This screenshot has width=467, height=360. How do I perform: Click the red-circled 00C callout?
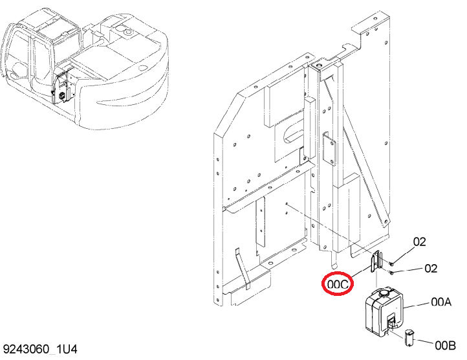(337, 284)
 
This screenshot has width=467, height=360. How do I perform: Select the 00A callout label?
(441, 302)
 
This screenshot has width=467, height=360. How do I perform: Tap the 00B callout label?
(445, 346)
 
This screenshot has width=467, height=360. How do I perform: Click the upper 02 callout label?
(420, 242)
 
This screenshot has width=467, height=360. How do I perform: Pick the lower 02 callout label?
(431, 269)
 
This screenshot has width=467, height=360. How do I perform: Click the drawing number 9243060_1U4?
(40, 349)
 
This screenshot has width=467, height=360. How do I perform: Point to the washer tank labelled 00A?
(384, 311)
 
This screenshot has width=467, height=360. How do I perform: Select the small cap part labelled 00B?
(409, 337)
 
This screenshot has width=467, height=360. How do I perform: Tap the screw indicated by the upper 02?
(391, 264)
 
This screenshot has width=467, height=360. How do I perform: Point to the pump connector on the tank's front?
(392, 321)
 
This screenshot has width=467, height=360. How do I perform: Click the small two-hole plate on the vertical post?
(329, 148)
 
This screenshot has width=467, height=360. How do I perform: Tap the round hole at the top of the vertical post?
(320, 65)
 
